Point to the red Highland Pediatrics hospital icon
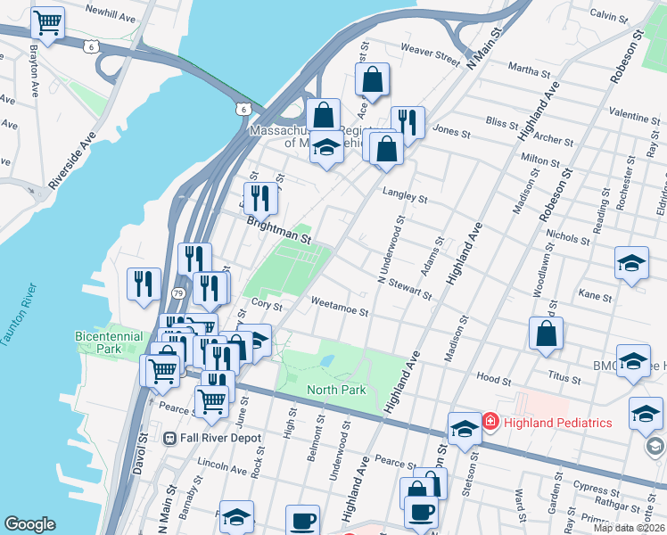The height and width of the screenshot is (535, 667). click(x=490, y=421)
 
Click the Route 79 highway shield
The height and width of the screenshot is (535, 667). click(x=178, y=293)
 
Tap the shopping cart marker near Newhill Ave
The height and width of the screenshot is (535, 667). click(x=47, y=22)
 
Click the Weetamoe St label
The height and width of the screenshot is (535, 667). click(x=339, y=310)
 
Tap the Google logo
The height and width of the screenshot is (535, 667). click(x=29, y=523)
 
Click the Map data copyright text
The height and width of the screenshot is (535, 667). click(x=629, y=528)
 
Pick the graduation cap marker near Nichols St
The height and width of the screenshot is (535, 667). click(x=631, y=262)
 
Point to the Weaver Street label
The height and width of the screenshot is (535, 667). click(x=430, y=53)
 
